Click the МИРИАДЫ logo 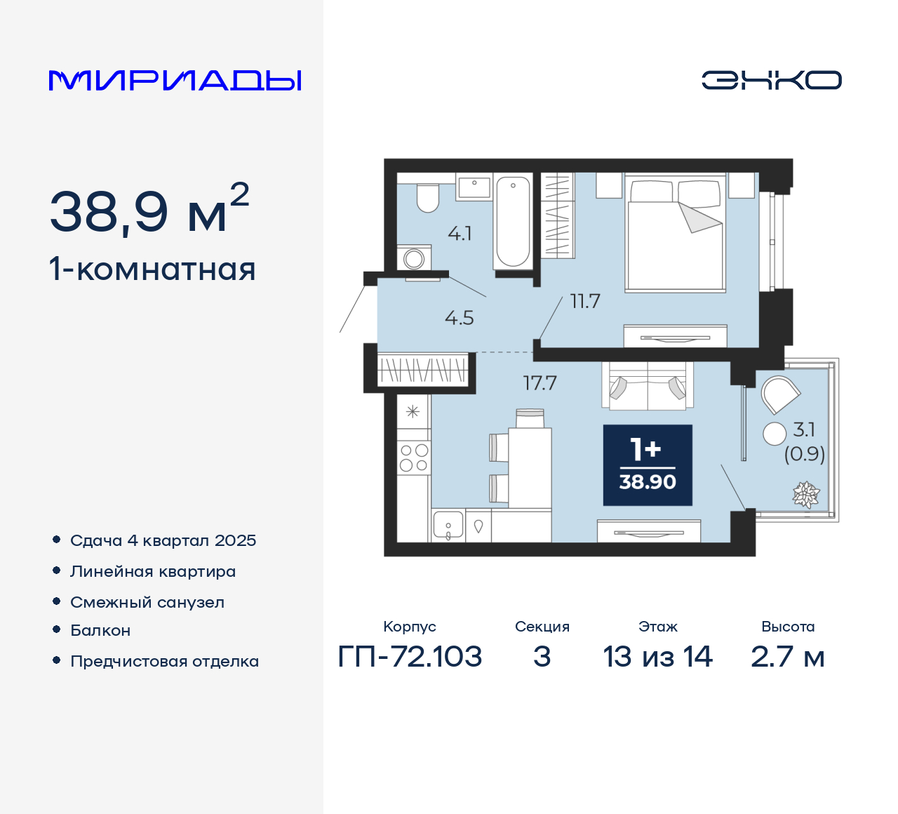(x=175, y=81)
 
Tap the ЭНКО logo (x=771, y=80)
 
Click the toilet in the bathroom (x=427, y=198)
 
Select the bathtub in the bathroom (x=513, y=221)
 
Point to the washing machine (x=414, y=258)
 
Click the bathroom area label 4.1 (x=460, y=234)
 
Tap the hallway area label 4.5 (x=460, y=318)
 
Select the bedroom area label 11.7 (x=585, y=302)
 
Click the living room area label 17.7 (x=540, y=383)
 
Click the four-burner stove (x=414, y=457)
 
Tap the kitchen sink (x=448, y=525)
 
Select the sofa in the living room (x=647, y=386)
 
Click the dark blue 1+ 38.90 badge (x=648, y=465)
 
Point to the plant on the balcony (x=806, y=495)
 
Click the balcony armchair (x=779, y=395)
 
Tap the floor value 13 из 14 (x=657, y=657)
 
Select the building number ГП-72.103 (x=410, y=657)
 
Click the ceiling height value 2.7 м (x=787, y=657)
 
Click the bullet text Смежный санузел (x=147, y=602)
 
